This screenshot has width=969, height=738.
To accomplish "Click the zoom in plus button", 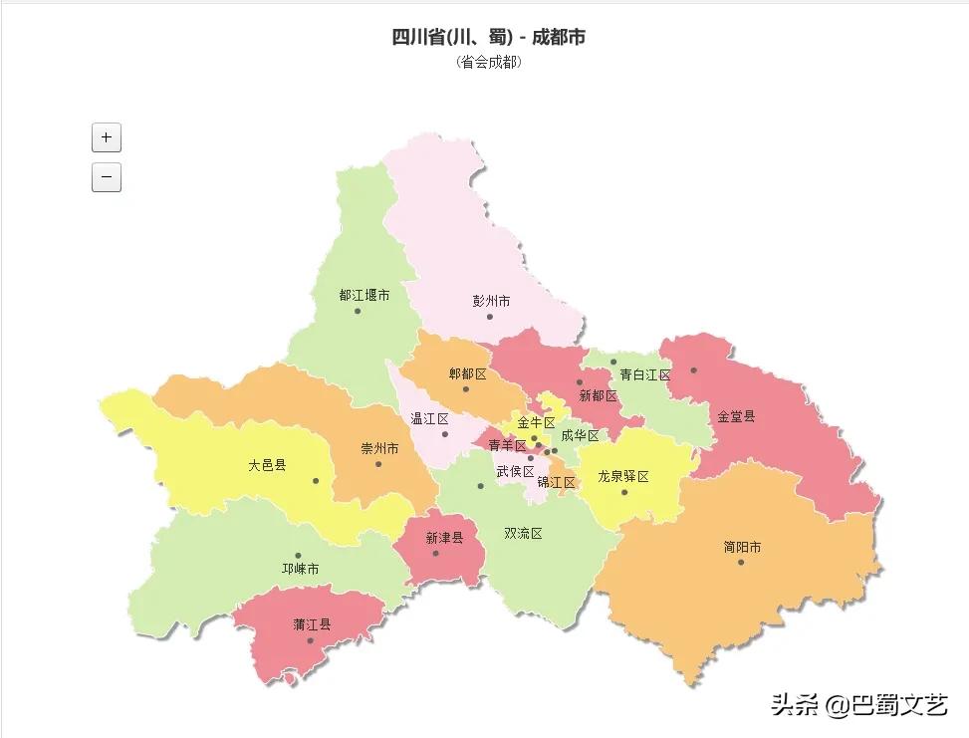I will tap(106, 137).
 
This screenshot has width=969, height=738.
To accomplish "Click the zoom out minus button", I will tap(106, 177).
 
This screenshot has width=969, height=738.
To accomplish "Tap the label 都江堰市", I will tap(363, 296).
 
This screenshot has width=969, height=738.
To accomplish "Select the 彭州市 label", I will tap(491, 301).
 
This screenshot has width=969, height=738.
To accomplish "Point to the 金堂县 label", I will tap(736, 416).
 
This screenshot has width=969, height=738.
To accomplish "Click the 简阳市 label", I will tap(742, 547).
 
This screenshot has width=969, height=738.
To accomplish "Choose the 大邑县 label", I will tap(267, 465).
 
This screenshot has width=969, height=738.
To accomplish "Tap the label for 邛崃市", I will tap(300, 570).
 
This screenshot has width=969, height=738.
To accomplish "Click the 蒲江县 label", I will tap(312, 624).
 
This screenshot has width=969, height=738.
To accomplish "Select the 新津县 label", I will tap(444, 538).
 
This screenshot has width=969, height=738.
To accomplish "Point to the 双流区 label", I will tap(523, 534).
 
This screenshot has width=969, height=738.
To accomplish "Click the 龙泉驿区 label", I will tap(623, 477).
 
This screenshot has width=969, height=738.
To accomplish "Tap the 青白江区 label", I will tap(645, 375).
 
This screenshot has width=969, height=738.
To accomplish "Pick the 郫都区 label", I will tap(467, 373).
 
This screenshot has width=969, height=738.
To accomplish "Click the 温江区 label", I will tap(430, 418).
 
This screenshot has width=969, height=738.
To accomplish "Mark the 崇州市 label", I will tap(379, 448).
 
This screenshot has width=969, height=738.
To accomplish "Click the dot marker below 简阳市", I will tap(741, 563).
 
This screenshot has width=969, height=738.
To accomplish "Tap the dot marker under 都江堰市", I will tap(358, 312).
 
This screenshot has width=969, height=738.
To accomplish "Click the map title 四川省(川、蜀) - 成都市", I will tap(488, 38).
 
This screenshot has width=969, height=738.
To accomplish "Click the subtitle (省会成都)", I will tap(488, 62).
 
